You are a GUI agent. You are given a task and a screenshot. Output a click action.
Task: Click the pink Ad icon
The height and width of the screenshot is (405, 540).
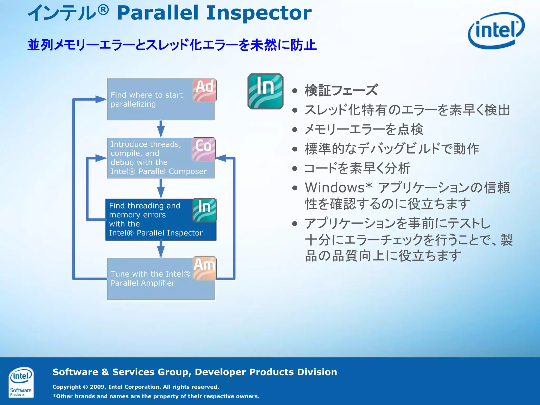click(x=204, y=90)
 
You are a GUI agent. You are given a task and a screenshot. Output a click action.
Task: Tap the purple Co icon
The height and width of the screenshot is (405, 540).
click(x=204, y=149)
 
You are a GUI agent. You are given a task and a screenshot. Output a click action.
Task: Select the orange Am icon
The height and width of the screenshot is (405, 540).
click(x=205, y=268)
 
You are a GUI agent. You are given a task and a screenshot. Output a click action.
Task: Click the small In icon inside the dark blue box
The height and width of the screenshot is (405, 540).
click(x=205, y=210)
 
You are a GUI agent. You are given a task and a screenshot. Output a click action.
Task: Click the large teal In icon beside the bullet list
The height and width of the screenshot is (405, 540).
click(x=265, y=91)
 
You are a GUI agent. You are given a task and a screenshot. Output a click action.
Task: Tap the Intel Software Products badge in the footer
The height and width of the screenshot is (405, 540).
click(x=21, y=382)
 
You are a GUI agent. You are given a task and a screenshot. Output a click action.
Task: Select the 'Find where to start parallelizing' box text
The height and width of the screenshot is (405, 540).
click(x=147, y=99)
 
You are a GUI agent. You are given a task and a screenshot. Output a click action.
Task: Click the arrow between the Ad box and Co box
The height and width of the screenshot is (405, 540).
click(x=161, y=129)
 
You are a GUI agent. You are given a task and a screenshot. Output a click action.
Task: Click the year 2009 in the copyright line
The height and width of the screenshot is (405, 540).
click(x=98, y=387)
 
